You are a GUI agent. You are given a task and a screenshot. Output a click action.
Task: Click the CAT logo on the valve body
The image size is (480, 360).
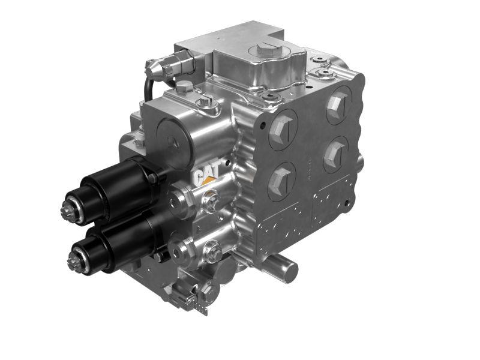point(205,174)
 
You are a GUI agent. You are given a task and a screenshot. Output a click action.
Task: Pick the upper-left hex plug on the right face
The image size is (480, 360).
point(282,129)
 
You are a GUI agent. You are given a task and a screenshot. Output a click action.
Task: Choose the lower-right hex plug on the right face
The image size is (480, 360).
point(335,153)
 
